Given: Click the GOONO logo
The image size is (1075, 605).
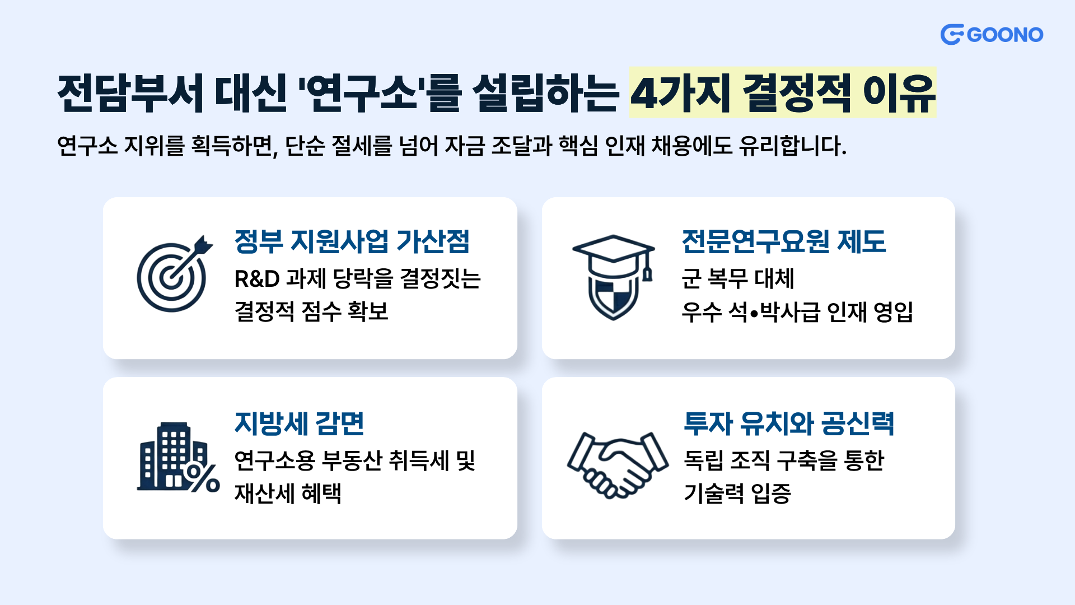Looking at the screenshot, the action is click(992, 35).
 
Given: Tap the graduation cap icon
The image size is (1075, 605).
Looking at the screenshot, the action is click(614, 256).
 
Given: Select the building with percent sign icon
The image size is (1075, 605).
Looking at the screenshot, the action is click(178, 457).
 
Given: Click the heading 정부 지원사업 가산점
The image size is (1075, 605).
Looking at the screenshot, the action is click(352, 241).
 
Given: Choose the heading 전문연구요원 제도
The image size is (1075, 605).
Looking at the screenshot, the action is click(784, 241).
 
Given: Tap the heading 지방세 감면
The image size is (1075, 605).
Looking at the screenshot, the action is click(300, 424).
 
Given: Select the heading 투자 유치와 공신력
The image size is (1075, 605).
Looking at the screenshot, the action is click(789, 424).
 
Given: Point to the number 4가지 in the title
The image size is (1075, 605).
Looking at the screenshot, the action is click(681, 92).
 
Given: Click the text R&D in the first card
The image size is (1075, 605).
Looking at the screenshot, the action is click(257, 279).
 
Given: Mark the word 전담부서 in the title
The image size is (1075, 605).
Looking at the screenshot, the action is click(130, 92).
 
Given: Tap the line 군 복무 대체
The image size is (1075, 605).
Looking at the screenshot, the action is click(738, 278).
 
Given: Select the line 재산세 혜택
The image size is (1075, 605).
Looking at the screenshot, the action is click(288, 494).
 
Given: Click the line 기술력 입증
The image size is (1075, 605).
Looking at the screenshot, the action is click(737, 494).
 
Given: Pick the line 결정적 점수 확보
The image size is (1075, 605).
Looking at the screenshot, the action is click(311, 311).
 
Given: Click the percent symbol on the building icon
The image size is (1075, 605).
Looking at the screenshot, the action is click(202, 478).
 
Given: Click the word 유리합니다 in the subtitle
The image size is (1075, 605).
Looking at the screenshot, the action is click(792, 146).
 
